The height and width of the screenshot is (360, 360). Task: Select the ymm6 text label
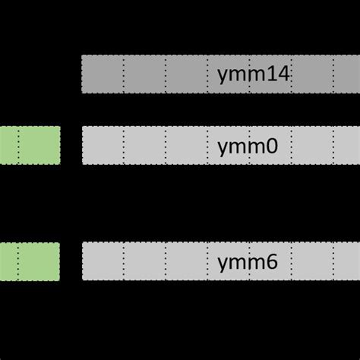coord(248,262)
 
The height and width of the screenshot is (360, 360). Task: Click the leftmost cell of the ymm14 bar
coord(102,74)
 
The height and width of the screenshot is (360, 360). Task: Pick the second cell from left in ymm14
coord(144,74)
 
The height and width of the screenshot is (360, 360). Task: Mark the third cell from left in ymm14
coord(186,74)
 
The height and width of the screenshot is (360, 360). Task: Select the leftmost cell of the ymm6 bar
coord(102,262)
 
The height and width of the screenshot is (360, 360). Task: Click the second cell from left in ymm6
coord(144,262)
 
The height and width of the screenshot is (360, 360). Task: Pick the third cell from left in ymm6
coord(186,262)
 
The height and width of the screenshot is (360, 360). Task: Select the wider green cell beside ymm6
coord(39,262)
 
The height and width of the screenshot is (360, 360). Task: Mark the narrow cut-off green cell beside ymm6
coord(8,262)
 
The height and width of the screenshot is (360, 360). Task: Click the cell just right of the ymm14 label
coord(312,74)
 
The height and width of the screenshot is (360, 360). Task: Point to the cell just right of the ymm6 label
coord(312,262)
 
